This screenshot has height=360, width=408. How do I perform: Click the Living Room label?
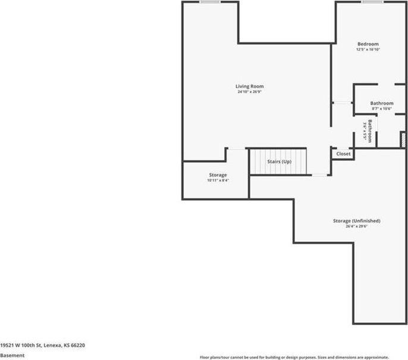click(250, 87)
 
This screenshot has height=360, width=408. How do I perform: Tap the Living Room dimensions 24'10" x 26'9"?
click(250, 92)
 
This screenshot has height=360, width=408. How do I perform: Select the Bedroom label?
click(368, 45)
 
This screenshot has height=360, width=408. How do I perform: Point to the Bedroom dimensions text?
click(368, 50)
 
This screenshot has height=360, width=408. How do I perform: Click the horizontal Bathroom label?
click(382, 103)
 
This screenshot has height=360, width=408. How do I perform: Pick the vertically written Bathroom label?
click(370, 131)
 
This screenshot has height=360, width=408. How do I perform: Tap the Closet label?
click(344, 154)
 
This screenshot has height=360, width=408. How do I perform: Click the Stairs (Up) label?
click(278, 162)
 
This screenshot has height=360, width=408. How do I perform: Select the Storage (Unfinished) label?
click(356, 221)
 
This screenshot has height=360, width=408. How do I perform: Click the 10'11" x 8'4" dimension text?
click(218, 180)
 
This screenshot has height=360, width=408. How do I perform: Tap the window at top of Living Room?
click(210, 2)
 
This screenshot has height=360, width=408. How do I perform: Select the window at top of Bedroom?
click(372, 2)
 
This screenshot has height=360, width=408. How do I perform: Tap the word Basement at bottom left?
click(12, 355)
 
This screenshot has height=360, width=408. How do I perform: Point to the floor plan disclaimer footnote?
click(303, 356)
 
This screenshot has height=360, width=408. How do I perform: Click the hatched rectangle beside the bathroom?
click(403, 140)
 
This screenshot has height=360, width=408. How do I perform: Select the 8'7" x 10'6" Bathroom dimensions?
click(382, 109)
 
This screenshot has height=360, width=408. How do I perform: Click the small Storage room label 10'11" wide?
click(218, 175)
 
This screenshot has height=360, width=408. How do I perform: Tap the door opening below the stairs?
click(319, 175)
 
